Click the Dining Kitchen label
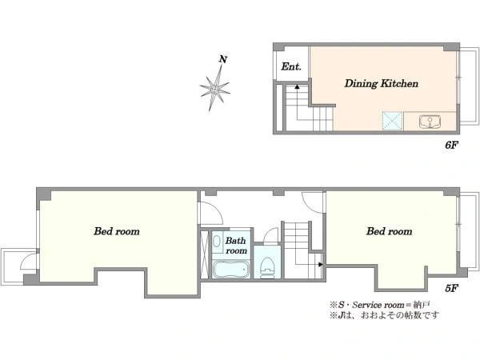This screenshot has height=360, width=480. (x=381, y=83)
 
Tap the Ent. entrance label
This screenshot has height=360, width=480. (x=291, y=66)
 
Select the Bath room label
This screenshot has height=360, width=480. (x=236, y=246)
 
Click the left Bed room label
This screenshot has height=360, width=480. (x=117, y=231)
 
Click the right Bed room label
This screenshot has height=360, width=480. (x=389, y=231)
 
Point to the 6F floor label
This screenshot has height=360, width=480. (x=451, y=145)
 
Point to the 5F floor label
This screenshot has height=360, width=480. (x=451, y=288)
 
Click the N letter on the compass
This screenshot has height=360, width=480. (x=223, y=59)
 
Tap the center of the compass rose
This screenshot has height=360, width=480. (x=214, y=90)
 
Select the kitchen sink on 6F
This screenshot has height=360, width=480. (x=430, y=122)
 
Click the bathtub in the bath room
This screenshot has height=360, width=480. (x=231, y=270)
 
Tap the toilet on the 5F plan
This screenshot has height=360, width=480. (x=267, y=267)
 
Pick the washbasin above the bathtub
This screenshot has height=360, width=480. (x=217, y=242)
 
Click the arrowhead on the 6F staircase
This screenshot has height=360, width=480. (x=297, y=86)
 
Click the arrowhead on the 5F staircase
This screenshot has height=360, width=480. (x=321, y=264)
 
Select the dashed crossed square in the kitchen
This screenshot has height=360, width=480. (x=393, y=122)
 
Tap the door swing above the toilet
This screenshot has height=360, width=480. (x=270, y=235)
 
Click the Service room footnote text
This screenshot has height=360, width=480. (x=380, y=305)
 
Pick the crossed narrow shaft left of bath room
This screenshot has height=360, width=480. (x=204, y=254)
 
